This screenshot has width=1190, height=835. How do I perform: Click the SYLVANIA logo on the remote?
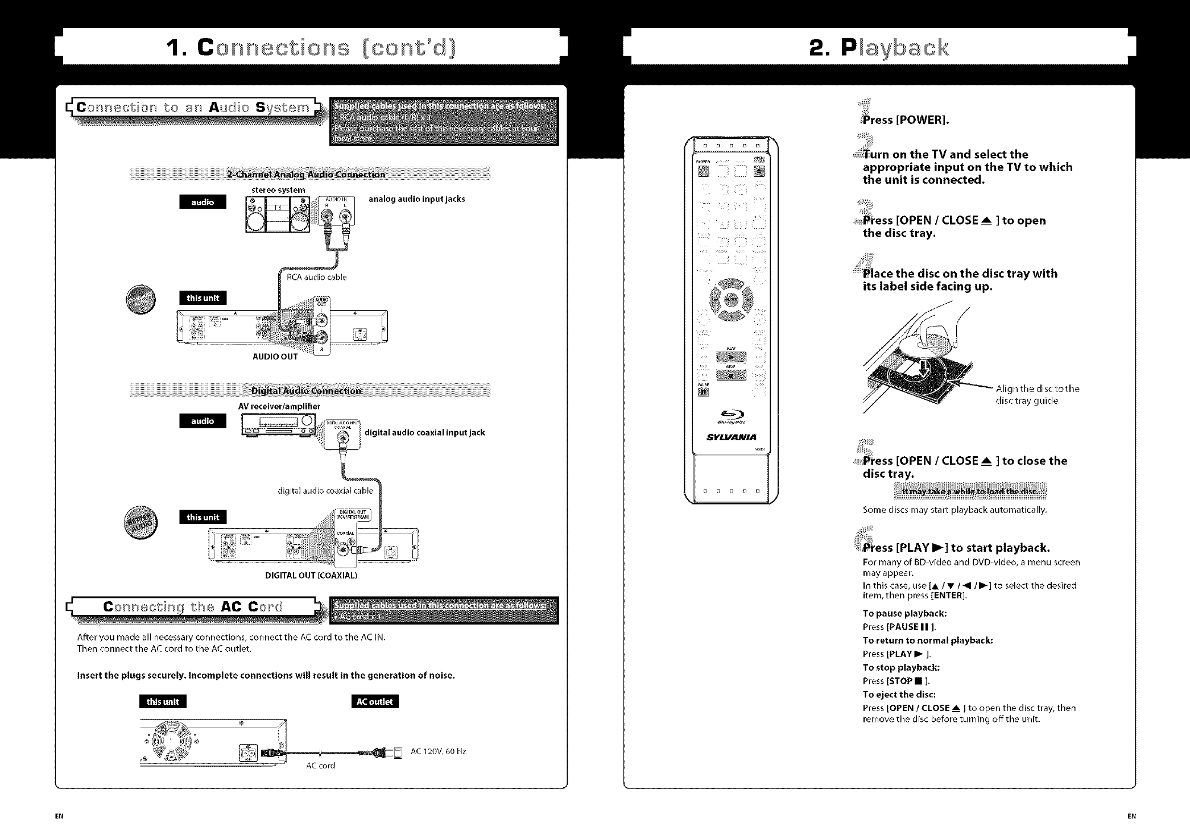tap(731, 437)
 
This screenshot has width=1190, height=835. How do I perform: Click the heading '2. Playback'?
tap(879, 47)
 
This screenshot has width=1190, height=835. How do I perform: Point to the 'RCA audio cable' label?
tap(316, 277)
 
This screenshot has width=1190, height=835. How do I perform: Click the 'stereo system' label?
tap(278, 190)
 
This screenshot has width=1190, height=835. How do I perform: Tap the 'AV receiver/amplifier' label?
tap(279, 406)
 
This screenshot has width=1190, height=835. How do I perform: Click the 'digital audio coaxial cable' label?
tap(325, 490)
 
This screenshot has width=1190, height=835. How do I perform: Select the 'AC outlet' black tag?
tap(374, 701)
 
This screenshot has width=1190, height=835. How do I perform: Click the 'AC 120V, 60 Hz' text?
tap(438, 751)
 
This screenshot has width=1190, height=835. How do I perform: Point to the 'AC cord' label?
tap(320, 766)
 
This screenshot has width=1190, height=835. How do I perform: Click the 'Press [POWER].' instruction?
tap(906, 120)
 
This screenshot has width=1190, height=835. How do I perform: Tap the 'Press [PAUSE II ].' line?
tap(899, 627)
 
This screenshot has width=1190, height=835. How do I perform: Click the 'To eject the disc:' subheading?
tap(899, 695)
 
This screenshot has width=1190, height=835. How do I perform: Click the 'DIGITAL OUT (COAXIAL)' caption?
tap(311, 575)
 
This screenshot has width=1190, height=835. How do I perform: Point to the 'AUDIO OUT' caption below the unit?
tap(275, 357)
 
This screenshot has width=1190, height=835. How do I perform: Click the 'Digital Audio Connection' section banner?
tap(306, 391)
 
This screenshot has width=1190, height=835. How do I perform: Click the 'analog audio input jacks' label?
tap(416, 199)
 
